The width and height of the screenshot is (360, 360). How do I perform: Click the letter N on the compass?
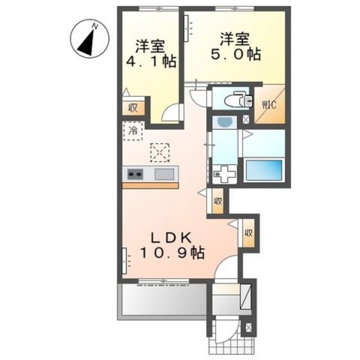[95, 26]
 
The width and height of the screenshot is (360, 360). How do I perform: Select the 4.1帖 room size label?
[151, 61]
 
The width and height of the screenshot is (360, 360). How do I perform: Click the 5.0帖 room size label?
[236, 55]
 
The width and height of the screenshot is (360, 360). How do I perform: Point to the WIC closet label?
[269, 105]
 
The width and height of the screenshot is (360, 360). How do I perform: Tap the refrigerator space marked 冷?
[133, 131]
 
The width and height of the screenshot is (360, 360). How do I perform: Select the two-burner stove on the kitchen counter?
[135, 174]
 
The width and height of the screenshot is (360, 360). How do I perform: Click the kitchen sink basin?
[164, 174]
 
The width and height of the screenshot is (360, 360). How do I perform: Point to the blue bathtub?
[264, 170]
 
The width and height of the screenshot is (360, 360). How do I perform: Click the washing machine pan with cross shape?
[224, 174]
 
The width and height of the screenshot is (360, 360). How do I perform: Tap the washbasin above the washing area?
[224, 122]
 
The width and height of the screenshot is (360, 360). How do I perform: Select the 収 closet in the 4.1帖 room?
[133, 108]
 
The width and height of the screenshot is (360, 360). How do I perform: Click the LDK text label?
[171, 238]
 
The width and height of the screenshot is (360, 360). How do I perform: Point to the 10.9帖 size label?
[172, 253]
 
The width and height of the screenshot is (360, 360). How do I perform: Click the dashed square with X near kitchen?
[160, 152]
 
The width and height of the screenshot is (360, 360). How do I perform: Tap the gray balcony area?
[164, 299]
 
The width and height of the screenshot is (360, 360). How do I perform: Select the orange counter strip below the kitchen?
[150, 186]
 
